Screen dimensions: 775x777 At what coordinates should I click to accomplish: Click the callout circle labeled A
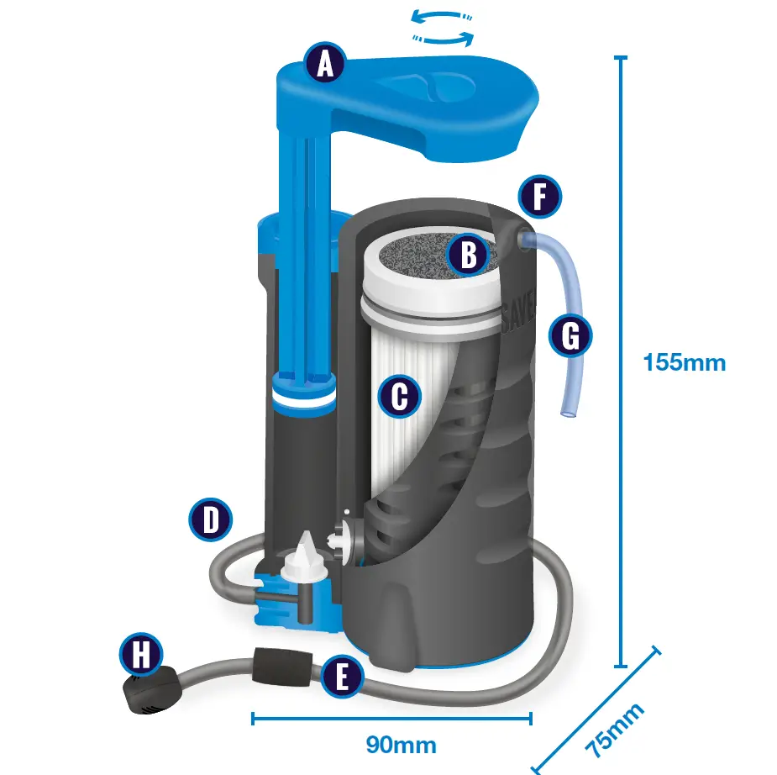pos(326,64)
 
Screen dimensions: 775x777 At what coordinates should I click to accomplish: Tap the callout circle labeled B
pos(469,253)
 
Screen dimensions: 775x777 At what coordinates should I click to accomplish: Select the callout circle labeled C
pos(399,395)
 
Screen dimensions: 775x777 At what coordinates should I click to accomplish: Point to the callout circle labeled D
pos(210,519)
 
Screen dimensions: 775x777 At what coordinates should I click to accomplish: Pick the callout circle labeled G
pos(570,337)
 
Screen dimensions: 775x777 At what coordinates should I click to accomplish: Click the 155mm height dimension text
pos(684,363)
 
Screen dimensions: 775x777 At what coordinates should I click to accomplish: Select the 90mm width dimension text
pos(401,745)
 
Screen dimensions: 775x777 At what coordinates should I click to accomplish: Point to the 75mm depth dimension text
pos(616,730)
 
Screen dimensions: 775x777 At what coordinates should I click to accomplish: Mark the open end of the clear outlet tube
pos(570,413)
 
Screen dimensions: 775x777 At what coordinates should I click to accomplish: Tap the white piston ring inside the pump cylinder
pos(301,403)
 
